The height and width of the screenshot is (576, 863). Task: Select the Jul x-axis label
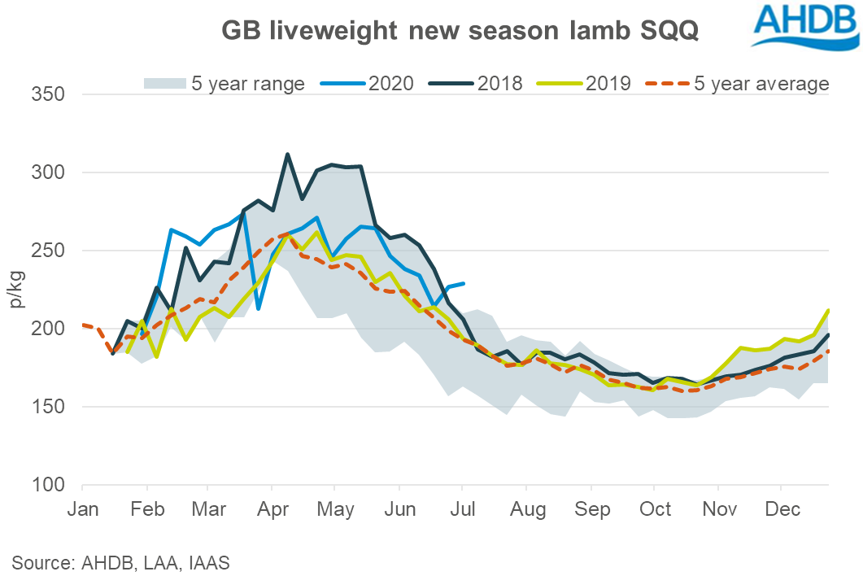tap(464, 510)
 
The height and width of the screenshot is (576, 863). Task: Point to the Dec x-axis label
tap(781, 510)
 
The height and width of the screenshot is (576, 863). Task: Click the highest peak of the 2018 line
tap(287, 154)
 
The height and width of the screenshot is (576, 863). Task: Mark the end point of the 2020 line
tap(464, 283)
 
